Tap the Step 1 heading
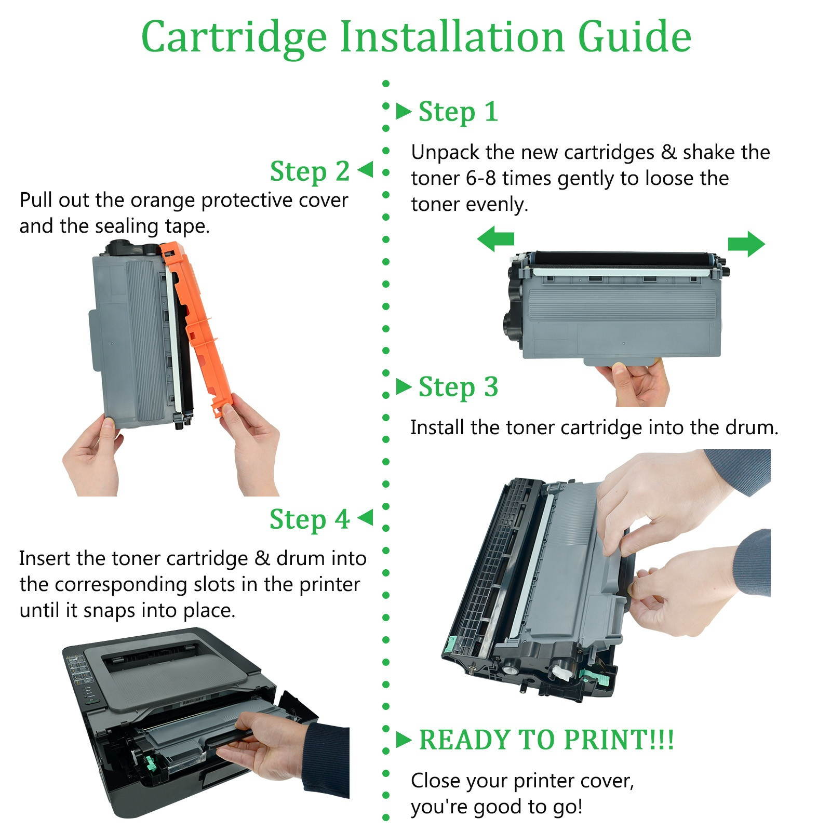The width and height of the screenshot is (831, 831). pyautogui.click(x=458, y=112)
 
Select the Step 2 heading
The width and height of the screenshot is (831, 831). pyautogui.click(x=310, y=171)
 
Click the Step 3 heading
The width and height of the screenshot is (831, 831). pyautogui.click(x=458, y=387)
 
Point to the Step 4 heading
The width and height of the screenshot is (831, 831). pyautogui.click(x=310, y=519)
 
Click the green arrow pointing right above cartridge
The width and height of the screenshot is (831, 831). pyautogui.click(x=746, y=243)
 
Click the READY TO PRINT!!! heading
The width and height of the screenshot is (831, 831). pyautogui.click(x=546, y=740)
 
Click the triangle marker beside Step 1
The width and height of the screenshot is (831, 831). pyautogui.click(x=404, y=111)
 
